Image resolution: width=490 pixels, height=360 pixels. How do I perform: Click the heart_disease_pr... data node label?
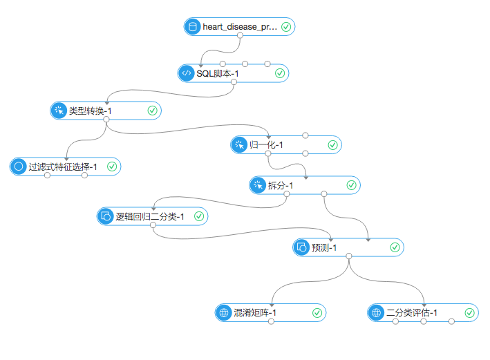[240, 28]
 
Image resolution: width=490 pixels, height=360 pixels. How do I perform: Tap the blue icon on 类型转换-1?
[58, 110]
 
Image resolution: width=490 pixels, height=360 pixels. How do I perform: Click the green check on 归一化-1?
[332, 145]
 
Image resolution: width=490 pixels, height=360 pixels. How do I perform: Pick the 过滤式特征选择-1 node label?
[63, 167]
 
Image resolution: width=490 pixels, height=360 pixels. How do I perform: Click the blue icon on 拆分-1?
[258, 185]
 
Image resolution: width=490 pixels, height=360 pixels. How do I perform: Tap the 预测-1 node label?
[324, 247]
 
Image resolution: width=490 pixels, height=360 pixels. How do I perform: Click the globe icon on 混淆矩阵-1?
[223, 313]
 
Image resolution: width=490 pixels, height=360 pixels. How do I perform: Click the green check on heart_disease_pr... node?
[286, 28]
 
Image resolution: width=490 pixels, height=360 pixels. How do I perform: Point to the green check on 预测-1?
[395, 247]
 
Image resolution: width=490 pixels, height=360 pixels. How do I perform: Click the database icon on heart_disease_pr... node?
[193, 28]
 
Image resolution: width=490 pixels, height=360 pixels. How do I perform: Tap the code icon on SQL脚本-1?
[186, 73]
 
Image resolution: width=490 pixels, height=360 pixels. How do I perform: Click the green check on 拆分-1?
[351, 185]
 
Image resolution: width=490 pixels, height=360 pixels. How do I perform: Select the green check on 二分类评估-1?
[470, 313]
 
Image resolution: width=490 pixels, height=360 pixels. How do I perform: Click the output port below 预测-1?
[349, 256]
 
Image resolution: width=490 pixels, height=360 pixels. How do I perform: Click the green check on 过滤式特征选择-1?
[111, 167]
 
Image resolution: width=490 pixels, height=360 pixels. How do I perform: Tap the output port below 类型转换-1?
[106, 119]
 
